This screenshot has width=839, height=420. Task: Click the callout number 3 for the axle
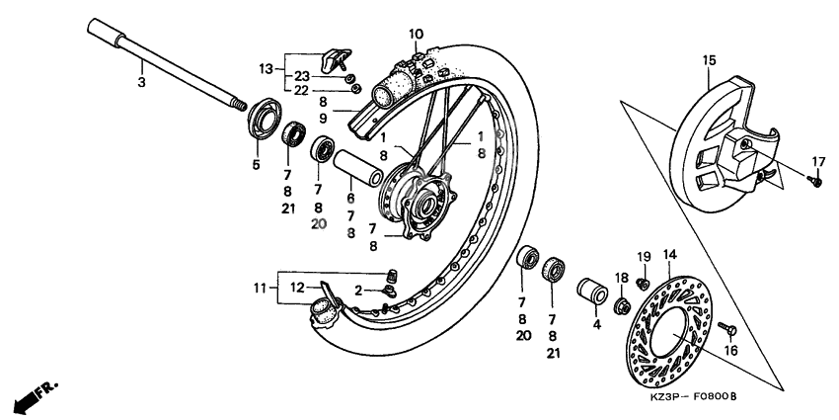click(x=141, y=83)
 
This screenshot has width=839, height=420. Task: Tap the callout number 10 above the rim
click(x=415, y=34)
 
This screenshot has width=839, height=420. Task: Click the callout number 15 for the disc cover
click(x=708, y=60)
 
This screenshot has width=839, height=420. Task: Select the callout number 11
click(x=260, y=289)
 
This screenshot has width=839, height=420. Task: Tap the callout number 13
click(x=266, y=68)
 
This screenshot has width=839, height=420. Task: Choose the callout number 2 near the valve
click(x=360, y=290)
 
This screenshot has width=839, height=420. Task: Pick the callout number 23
click(x=302, y=76)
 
